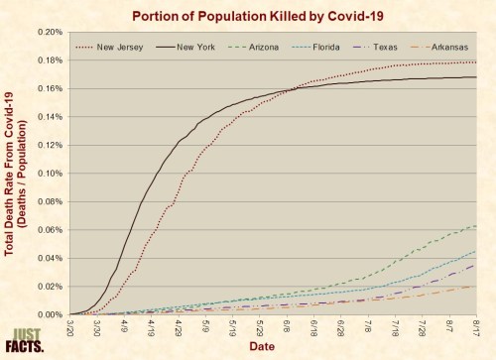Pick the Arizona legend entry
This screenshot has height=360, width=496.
[268, 46]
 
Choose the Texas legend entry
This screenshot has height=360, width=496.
[392, 46]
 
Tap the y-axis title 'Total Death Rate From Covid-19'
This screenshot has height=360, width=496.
[11, 173]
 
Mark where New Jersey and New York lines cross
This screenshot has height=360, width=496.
[289, 91]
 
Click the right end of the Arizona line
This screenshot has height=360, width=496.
[477, 226]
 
